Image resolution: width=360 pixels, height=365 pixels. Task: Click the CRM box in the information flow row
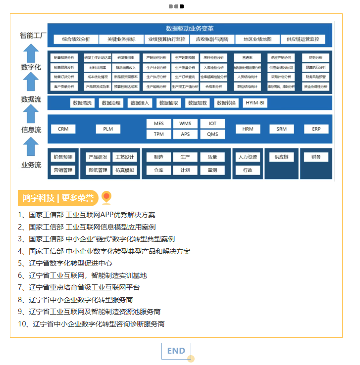click(x=63, y=129)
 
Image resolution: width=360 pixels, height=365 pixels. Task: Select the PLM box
click(x=108, y=129)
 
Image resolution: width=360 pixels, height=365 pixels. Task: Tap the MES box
click(x=158, y=124)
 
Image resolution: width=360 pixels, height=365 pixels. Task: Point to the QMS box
click(x=212, y=135)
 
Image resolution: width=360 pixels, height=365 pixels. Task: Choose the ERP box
click(x=316, y=129)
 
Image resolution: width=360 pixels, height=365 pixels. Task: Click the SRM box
click(x=281, y=129)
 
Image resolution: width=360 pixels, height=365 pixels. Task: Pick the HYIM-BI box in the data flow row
click(x=256, y=103)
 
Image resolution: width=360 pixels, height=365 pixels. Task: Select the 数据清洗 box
click(x=82, y=103)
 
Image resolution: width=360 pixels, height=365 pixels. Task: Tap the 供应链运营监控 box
click(x=303, y=40)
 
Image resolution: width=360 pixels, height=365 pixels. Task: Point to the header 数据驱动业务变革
click(x=190, y=29)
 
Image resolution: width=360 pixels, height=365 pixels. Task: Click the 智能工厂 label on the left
click(x=33, y=36)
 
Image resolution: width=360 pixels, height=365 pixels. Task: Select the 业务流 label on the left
click(x=31, y=165)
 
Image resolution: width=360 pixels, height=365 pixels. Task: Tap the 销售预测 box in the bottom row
click(x=63, y=157)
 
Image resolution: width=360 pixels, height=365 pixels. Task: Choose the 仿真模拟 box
click(x=124, y=170)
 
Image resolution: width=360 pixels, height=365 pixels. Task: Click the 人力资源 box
click(x=247, y=157)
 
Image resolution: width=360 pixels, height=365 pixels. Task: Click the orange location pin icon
click(x=106, y=198)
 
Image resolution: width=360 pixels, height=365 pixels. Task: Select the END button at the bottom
click(x=176, y=351)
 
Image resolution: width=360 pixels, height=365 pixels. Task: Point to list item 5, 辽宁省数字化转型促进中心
click(x=65, y=263)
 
